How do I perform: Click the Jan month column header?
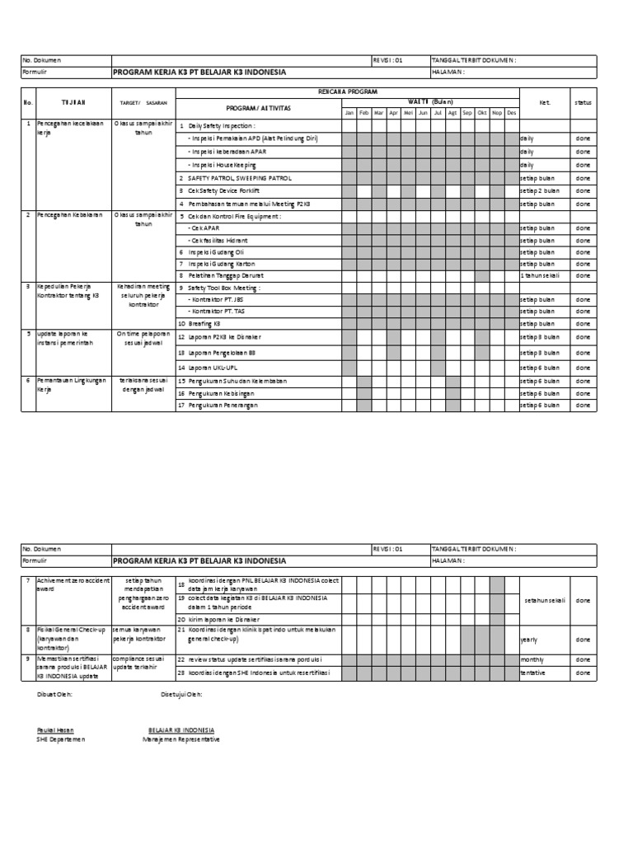click(349, 112)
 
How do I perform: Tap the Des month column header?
click(511, 112)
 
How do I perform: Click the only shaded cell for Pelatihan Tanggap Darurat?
click(482, 275)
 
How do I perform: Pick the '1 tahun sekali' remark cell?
click(540, 275)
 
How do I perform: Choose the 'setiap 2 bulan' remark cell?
click(540, 190)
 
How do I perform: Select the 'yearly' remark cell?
click(529, 639)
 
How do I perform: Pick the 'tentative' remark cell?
click(532, 673)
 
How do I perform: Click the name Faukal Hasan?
click(55, 730)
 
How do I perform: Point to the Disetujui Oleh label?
click(182, 694)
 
